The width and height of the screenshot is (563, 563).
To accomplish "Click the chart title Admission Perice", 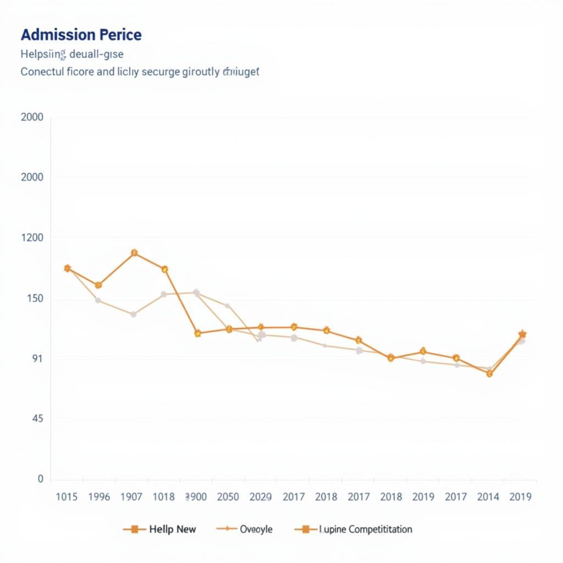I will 81,35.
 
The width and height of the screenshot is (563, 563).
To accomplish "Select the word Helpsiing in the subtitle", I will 43,54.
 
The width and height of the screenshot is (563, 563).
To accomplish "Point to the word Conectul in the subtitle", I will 42,72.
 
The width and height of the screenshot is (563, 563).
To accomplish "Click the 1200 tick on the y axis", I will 32,238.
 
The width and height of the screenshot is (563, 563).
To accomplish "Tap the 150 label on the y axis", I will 32,299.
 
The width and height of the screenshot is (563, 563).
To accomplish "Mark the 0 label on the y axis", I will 40,479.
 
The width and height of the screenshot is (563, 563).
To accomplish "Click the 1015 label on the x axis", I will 68,497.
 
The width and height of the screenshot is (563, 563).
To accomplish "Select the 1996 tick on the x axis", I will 99,497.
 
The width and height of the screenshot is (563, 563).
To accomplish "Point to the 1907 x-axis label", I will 131,497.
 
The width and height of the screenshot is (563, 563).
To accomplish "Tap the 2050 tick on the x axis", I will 228,497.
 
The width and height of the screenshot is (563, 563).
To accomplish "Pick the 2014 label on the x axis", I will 488,497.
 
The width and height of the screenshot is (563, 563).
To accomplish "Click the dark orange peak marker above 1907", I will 134,253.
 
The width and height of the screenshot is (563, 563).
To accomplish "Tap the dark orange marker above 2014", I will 489,374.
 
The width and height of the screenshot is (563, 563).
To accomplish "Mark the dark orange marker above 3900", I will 197,333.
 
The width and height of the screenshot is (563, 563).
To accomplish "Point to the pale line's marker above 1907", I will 133,314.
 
